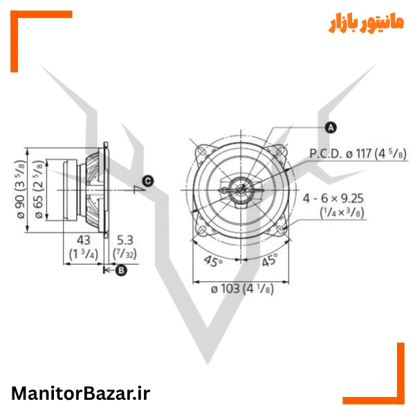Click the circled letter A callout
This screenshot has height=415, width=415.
331,127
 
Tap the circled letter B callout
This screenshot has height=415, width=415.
121,270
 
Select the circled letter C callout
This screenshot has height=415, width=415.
148,181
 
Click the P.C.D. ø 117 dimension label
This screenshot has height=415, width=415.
358,154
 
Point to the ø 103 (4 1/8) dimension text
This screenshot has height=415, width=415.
242,288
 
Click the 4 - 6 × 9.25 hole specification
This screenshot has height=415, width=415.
333,199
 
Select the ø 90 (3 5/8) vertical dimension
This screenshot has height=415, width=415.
21,190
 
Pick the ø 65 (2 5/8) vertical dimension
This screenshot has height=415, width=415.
38,190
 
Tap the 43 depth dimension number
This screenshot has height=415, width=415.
84,240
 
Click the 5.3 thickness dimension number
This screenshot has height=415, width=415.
125,240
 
